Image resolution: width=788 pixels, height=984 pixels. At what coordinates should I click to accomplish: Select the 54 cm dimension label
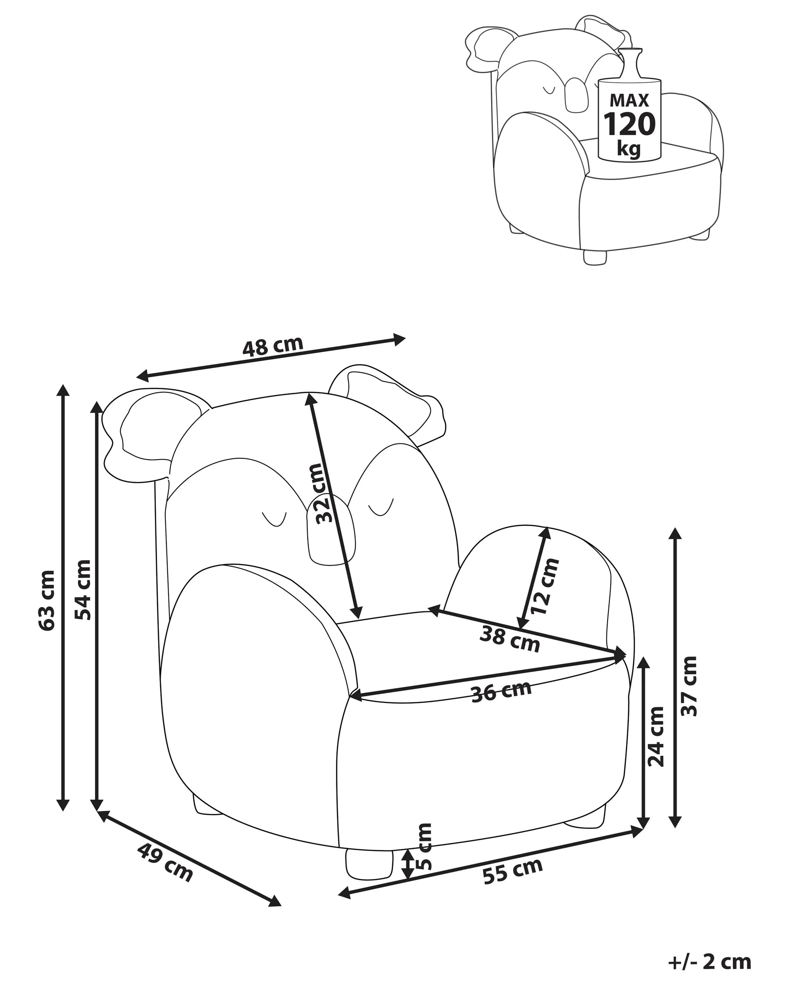coord(83,590)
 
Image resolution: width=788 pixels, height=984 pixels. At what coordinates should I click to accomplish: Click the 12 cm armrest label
coord(545,587)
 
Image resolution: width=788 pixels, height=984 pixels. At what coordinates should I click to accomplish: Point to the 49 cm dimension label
coord(165,862)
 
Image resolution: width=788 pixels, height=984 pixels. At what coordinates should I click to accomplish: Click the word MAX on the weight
coord(629,100)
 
